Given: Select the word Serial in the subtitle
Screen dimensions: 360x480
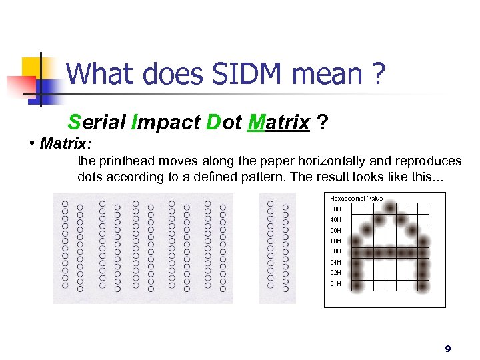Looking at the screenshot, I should click(x=97, y=123).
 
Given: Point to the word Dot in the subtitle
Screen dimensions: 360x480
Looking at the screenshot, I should click(x=223, y=123).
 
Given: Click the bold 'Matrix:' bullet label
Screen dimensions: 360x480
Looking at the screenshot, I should click(x=65, y=143).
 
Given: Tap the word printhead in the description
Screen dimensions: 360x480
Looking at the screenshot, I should click(x=127, y=161).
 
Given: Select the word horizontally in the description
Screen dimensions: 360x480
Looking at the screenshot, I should click(x=335, y=161).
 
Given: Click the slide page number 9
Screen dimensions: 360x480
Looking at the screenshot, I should click(x=448, y=349).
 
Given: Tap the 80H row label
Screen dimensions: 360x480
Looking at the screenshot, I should click(x=335, y=209).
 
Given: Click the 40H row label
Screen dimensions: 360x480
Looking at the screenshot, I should click(x=335, y=219).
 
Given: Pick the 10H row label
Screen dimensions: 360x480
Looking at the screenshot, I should click(x=335, y=241).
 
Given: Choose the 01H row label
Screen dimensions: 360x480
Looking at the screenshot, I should click(x=335, y=283).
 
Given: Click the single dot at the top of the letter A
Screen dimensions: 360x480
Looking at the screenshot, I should click(x=390, y=208).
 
